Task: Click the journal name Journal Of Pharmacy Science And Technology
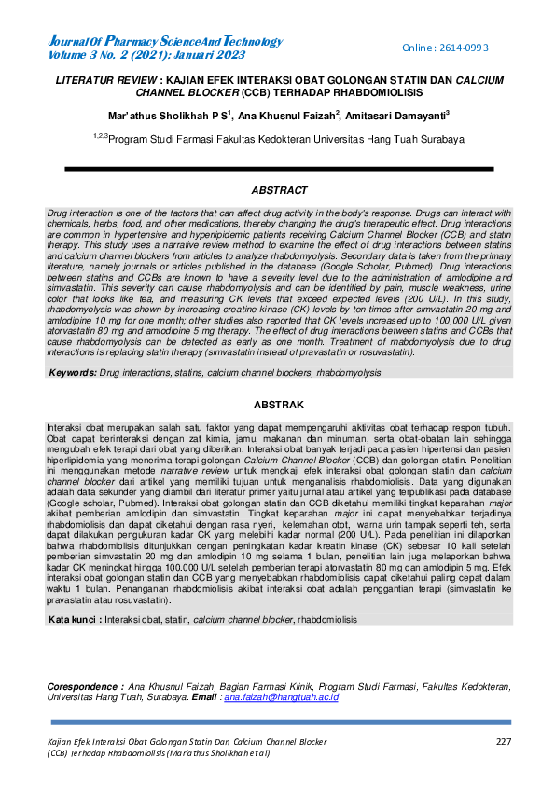pyautogui.click(x=164, y=41)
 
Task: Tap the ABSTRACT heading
pyautogui.click(x=278, y=191)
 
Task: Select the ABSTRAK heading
pyautogui.click(x=278, y=406)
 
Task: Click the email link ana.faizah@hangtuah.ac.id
pyautogui.click(x=281, y=697)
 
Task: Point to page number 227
pyautogui.click(x=503, y=741)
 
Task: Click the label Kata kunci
pyautogui.click(x=75, y=619)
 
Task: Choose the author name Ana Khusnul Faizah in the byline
pyautogui.click(x=284, y=116)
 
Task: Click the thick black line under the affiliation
pyautogui.click(x=277, y=168)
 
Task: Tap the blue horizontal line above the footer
pyautogui.click(x=277, y=722)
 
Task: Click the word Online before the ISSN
pyautogui.click(x=420, y=48)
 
